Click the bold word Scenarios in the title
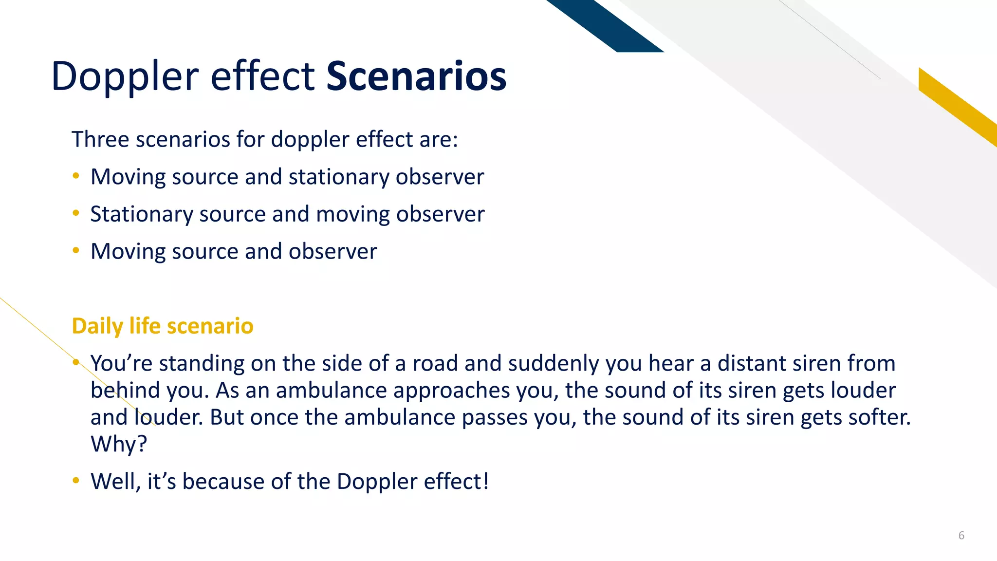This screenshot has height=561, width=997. (x=416, y=76)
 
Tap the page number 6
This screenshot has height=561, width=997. (x=961, y=536)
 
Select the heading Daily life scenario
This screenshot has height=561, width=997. (x=162, y=326)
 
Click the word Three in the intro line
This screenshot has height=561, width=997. (x=100, y=140)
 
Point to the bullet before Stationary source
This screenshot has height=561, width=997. (x=75, y=213)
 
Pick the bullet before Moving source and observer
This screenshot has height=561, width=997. (x=75, y=251)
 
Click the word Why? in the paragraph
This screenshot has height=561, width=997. (x=119, y=444)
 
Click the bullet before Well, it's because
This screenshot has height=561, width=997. (x=75, y=481)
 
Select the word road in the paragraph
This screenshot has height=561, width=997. (x=434, y=364)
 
